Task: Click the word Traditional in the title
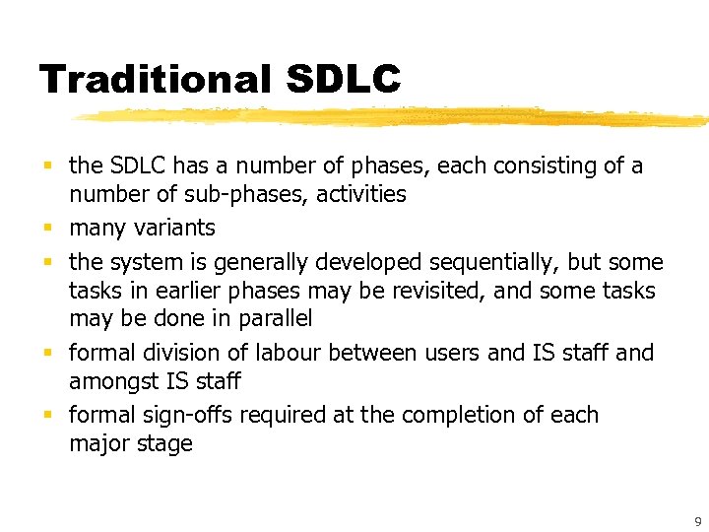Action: [154, 80]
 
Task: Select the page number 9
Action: [697, 522]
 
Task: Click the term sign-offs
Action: [186, 415]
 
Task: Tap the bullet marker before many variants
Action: [49, 229]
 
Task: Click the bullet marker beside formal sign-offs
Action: [49, 415]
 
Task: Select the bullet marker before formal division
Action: [49, 353]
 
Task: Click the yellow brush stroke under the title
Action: [394, 117]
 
